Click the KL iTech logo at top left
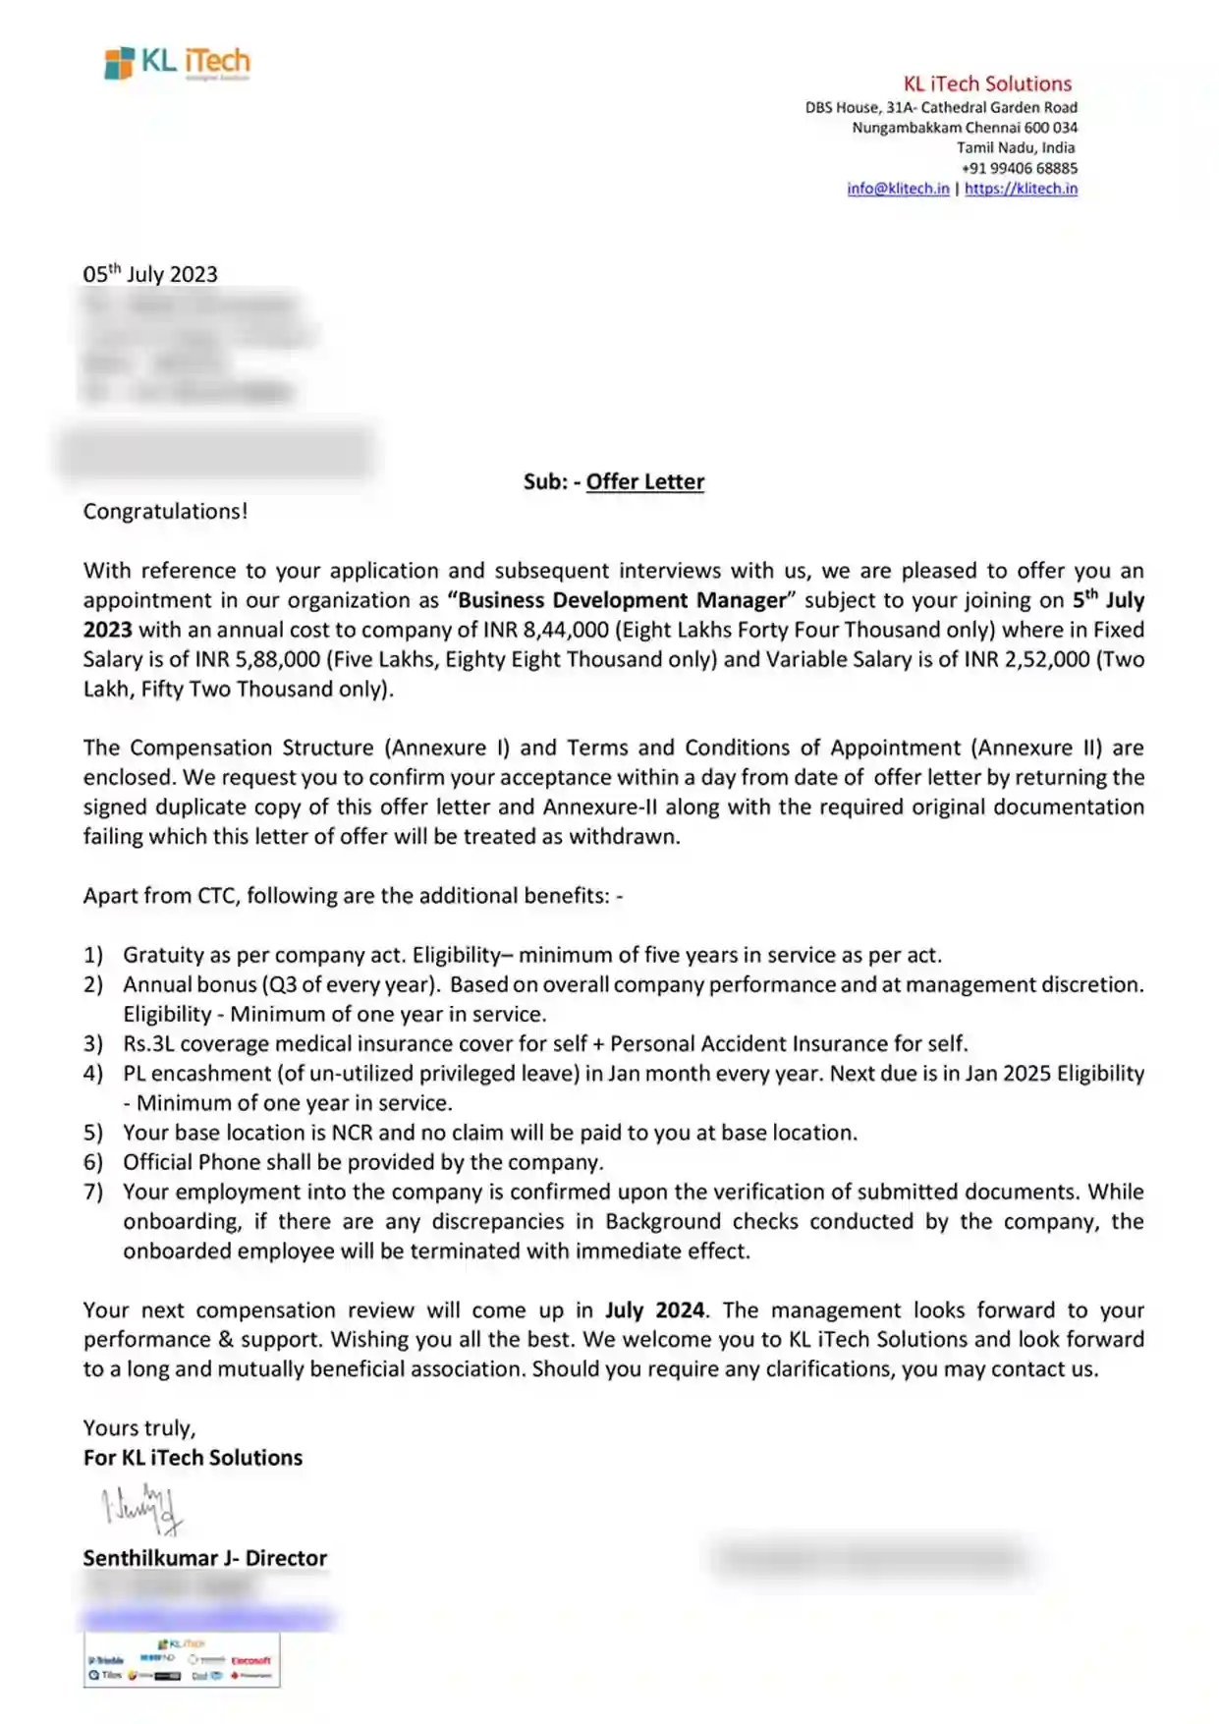(x=177, y=63)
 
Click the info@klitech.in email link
(x=898, y=189)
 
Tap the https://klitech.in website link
(x=1021, y=189)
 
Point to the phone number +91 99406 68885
(x=1019, y=168)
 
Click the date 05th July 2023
(x=150, y=274)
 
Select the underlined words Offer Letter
(x=644, y=481)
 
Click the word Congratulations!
(x=165, y=512)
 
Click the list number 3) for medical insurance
(x=93, y=1043)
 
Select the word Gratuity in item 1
(x=163, y=955)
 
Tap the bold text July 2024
(x=654, y=1310)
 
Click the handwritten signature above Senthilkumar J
(x=142, y=1509)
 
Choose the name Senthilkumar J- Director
(x=204, y=1558)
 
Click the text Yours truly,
(x=139, y=1428)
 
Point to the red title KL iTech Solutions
(x=987, y=83)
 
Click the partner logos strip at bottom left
(x=182, y=1660)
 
